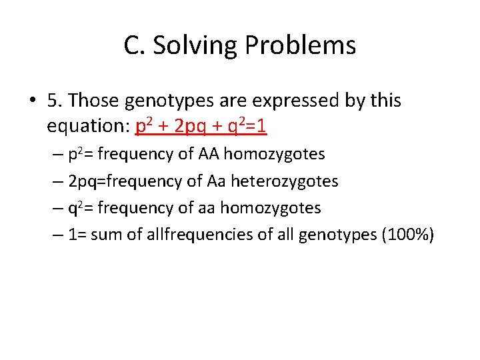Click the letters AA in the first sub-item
(208, 155)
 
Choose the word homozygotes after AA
(274, 155)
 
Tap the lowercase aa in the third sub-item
(207, 208)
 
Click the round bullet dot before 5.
(32, 101)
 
